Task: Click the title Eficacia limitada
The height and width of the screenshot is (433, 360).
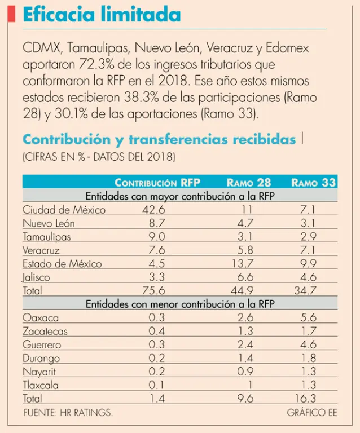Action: coord(102,15)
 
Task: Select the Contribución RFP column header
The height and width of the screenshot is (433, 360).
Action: coord(157,182)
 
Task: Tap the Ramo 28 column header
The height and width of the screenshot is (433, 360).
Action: coord(248,182)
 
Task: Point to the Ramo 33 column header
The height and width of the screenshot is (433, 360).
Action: coord(313,182)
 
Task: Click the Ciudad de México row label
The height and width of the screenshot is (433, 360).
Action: coord(64,210)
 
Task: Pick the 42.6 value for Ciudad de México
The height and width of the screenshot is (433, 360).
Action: coord(153,210)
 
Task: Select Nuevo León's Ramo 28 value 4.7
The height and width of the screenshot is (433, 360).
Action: coord(246,223)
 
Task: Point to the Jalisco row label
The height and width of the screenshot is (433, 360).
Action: coord(36,277)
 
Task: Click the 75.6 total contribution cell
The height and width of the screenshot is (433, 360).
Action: coord(153,291)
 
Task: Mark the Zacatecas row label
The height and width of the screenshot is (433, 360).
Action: coord(45,332)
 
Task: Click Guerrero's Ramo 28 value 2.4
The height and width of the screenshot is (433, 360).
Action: coord(246,344)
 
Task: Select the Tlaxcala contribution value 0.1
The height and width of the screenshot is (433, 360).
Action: coord(156,386)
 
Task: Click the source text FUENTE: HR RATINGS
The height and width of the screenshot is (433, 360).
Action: coord(68,413)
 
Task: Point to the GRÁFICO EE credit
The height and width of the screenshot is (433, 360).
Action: coord(311,413)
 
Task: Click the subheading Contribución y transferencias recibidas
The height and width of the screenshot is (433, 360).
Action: coord(159,139)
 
